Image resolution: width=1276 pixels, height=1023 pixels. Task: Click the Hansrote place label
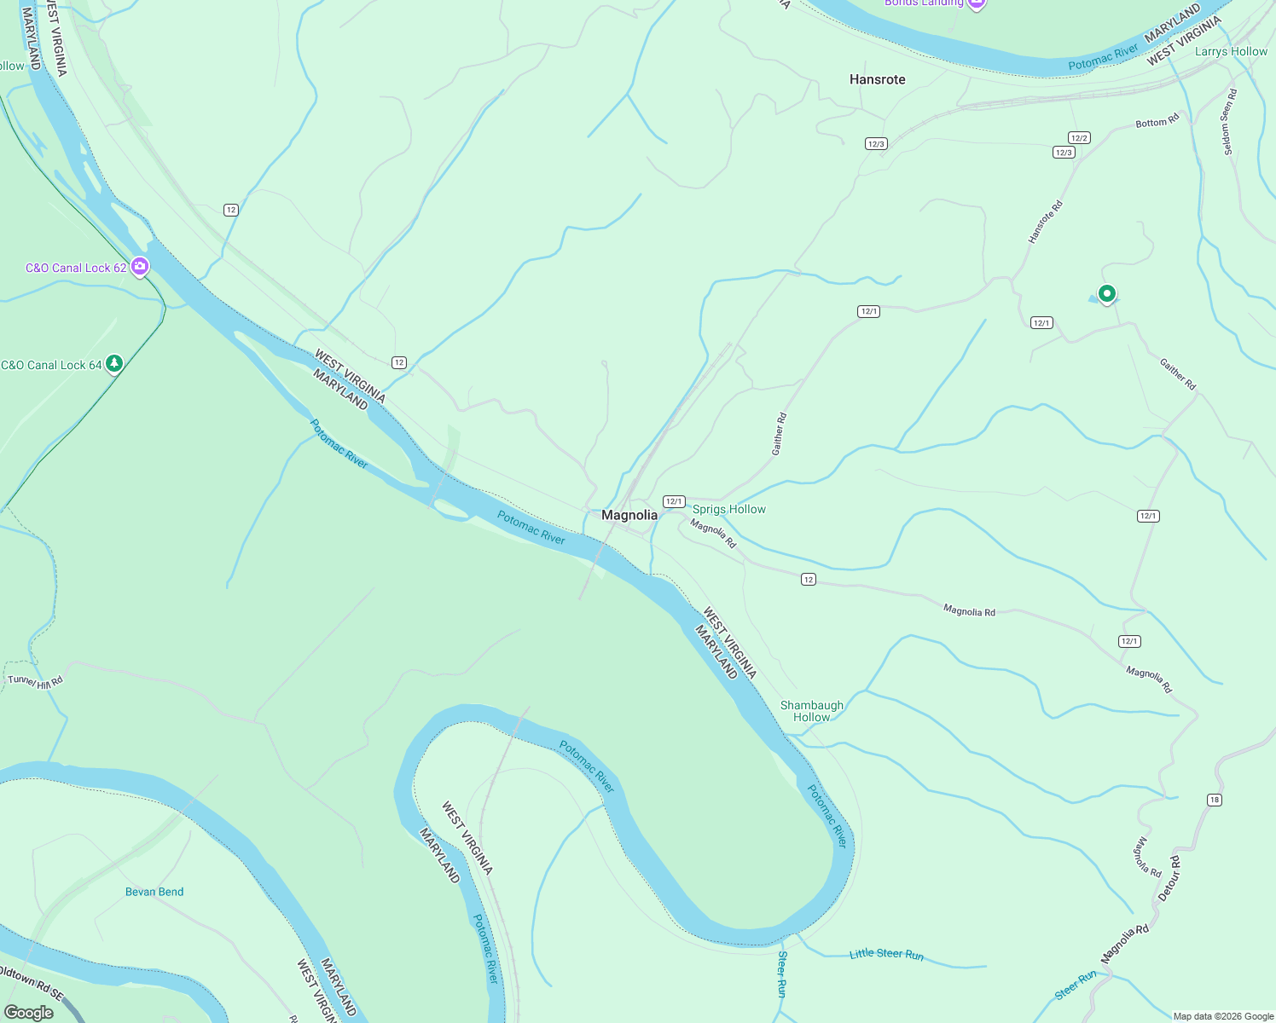click(877, 79)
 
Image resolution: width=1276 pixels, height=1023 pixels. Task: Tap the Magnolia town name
click(629, 515)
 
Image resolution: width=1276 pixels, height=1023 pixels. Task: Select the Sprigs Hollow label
click(728, 509)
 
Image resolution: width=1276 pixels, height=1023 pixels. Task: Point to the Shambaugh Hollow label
click(811, 711)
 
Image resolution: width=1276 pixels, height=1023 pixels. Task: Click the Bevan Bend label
click(154, 892)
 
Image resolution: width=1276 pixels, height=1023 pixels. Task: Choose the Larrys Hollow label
click(1230, 51)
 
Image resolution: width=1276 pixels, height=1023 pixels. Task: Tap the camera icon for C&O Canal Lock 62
click(140, 267)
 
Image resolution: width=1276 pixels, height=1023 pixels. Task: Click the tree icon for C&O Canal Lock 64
click(114, 364)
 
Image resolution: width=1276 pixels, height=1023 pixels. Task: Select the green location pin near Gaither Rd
click(1106, 294)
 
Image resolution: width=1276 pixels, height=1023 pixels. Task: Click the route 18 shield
click(1215, 800)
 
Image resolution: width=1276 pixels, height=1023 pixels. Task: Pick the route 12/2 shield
click(1079, 138)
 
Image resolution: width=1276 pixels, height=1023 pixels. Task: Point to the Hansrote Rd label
click(1045, 223)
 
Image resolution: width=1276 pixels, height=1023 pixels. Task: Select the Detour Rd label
click(1169, 878)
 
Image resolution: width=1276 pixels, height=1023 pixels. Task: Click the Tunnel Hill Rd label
click(35, 681)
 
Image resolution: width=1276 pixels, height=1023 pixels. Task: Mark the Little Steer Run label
click(886, 954)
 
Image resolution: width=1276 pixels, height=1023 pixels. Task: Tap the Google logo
click(28, 1012)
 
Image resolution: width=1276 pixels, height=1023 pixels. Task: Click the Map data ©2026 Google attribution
click(1223, 1016)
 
